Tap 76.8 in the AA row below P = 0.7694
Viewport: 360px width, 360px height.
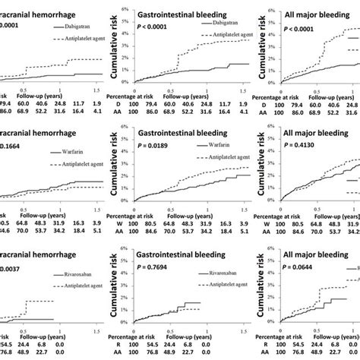pyautogui.click(x=172, y=353)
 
